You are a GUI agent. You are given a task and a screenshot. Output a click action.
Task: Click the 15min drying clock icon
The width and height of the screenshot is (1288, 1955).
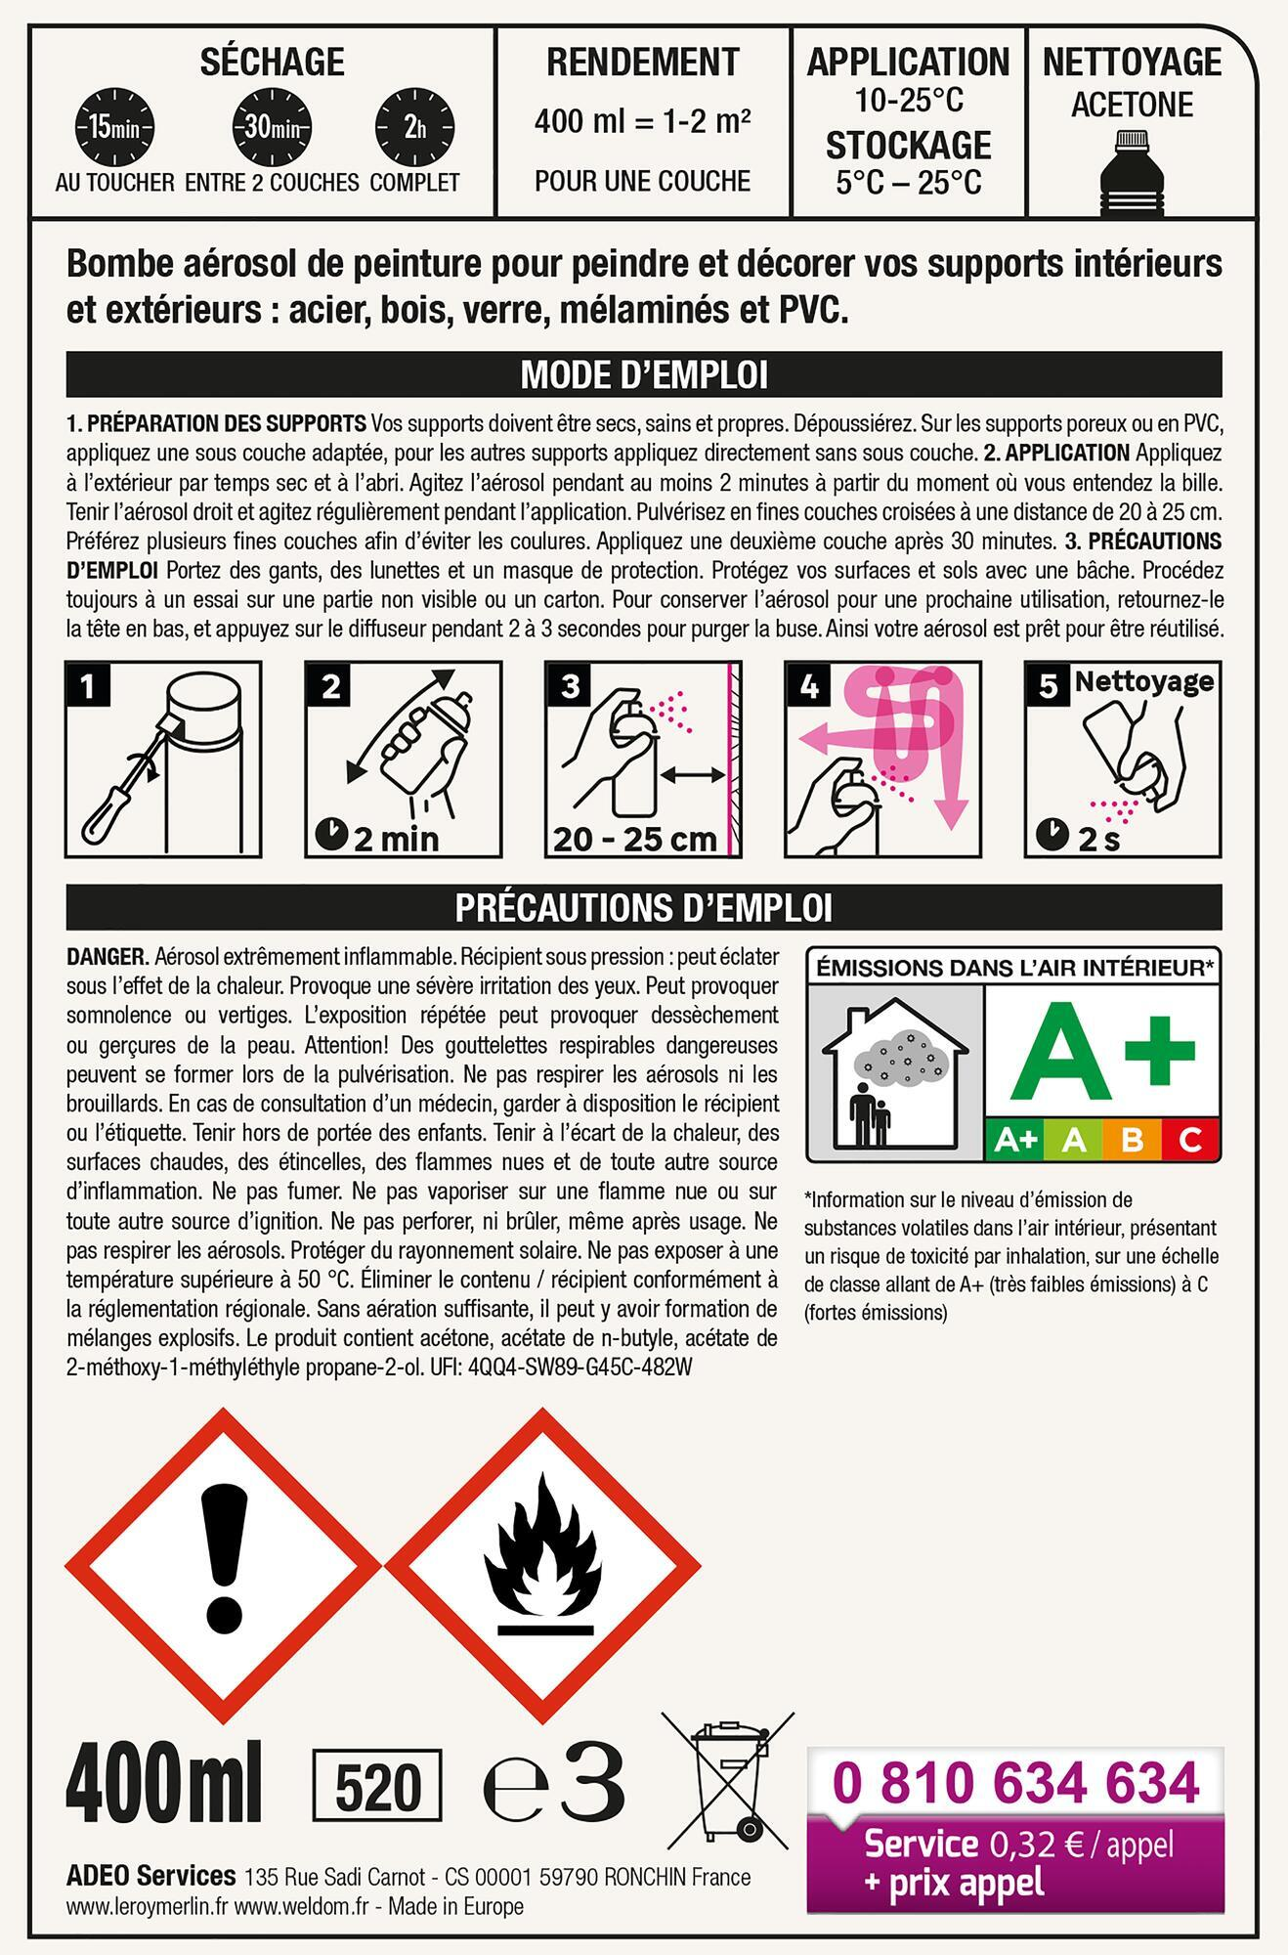pyautogui.click(x=115, y=128)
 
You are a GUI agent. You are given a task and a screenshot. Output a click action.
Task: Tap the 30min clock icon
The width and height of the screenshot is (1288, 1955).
pyautogui.click(x=271, y=128)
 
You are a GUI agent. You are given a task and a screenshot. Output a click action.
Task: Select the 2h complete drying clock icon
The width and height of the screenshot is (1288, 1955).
pyautogui.click(x=415, y=128)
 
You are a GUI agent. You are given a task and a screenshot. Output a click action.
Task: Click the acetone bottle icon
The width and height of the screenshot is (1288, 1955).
pyautogui.click(x=1133, y=174)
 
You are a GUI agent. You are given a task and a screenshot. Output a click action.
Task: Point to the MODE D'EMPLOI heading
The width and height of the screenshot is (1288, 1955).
pyautogui.click(x=644, y=374)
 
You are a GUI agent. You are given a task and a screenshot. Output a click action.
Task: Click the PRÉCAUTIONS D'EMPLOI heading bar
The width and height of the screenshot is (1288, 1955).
pyautogui.click(x=644, y=907)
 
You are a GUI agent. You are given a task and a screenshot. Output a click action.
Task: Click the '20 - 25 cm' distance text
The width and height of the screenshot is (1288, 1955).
pyautogui.click(x=636, y=839)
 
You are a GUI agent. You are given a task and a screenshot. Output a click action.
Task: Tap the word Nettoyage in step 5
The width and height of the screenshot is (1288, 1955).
pyautogui.click(x=1144, y=681)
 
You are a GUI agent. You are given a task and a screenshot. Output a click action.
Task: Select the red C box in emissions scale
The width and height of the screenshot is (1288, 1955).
pyautogui.click(x=1190, y=1139)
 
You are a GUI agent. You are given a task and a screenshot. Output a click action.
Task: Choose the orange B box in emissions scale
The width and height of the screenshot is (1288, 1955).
pyautogui.click(x=1133, y=1139)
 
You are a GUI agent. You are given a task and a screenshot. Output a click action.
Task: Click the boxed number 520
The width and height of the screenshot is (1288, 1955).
pyautogui.click(x=377, y=1789)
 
